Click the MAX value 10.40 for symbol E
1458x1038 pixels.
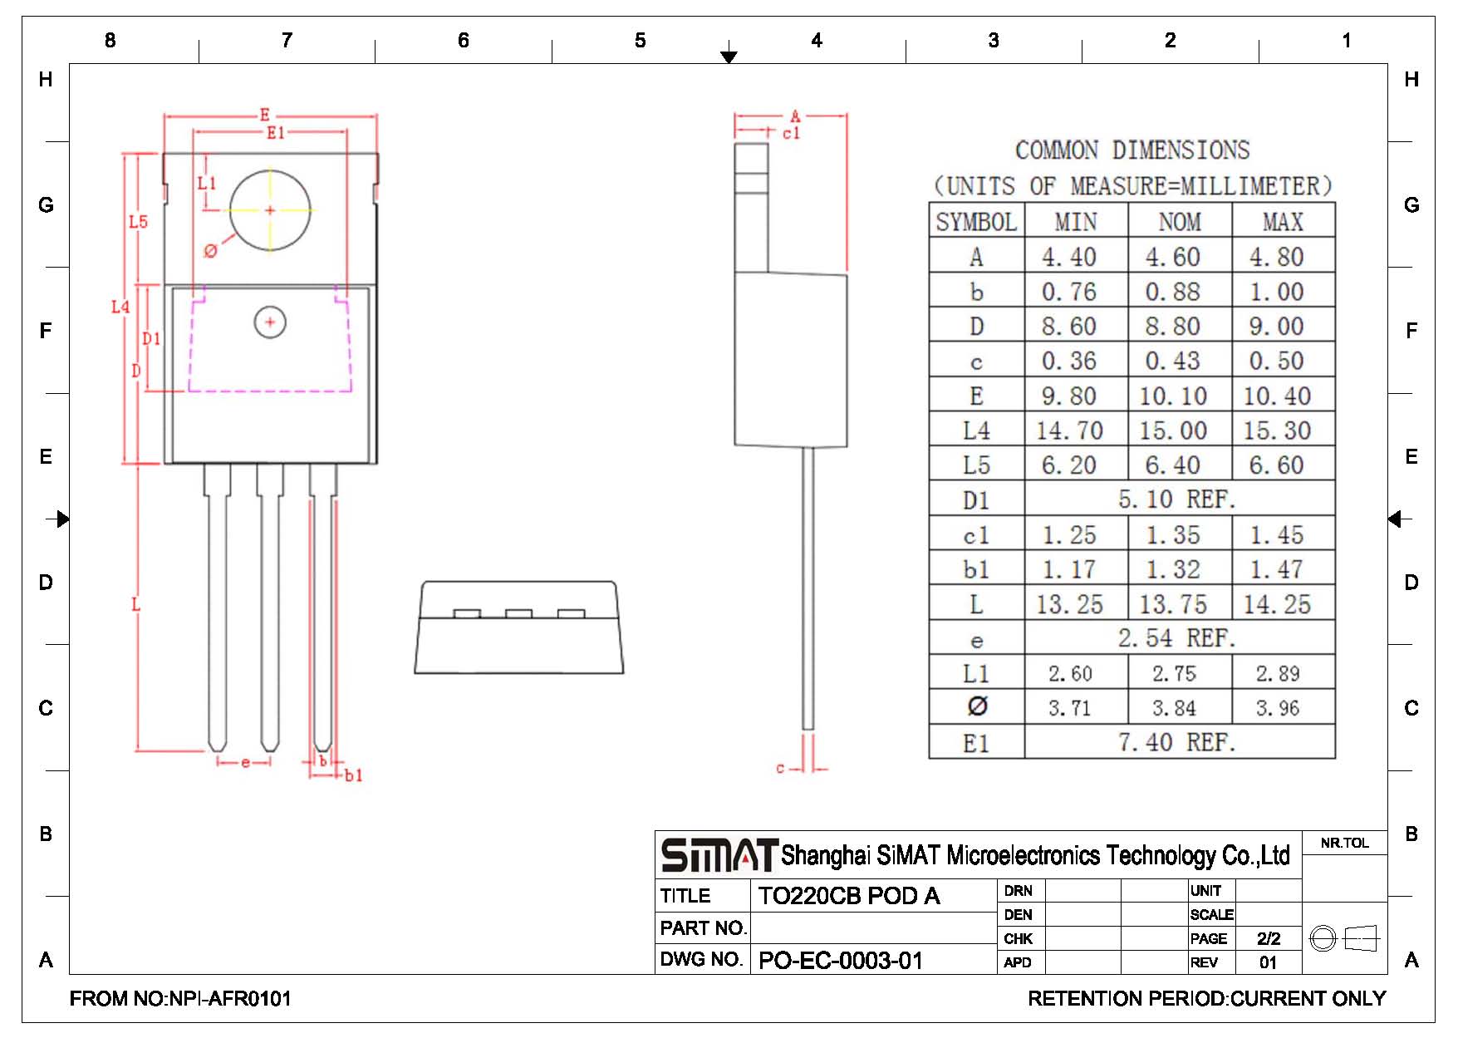1277,396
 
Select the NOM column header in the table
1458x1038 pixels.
1180,222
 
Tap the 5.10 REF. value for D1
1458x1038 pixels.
1177,499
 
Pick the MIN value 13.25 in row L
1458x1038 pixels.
1069,604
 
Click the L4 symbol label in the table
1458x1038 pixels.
976,430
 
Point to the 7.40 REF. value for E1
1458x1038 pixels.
1177,742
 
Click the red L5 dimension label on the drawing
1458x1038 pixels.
138,222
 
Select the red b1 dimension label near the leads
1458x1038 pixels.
354,775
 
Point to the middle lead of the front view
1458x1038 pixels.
270,607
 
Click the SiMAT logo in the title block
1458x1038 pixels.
719,855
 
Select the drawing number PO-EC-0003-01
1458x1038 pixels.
841,961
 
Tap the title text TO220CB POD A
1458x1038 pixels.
849,896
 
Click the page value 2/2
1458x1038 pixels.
1269,939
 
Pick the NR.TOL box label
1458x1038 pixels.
1345,843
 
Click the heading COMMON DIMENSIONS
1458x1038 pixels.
1132,150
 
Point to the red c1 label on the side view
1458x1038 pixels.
791,133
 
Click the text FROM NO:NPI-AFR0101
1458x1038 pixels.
180,999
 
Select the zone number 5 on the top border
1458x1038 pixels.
641,41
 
